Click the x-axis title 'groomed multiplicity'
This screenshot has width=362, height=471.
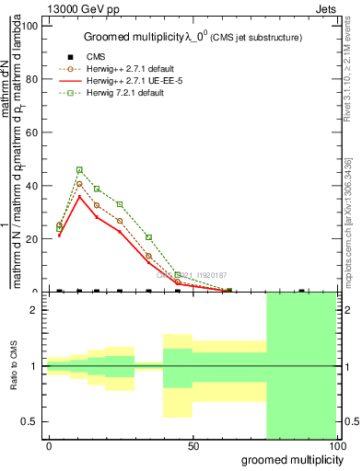coord(291,459)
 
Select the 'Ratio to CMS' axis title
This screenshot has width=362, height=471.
coord(14,365)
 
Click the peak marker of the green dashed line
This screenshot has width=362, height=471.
coord(79,169)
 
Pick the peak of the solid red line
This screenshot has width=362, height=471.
coord(79,196)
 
